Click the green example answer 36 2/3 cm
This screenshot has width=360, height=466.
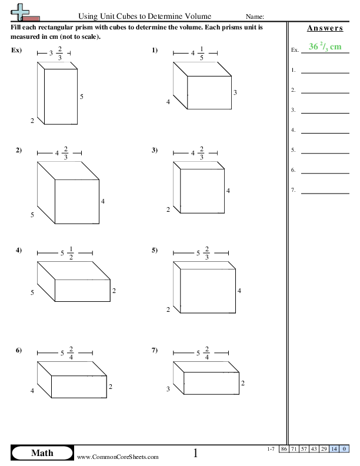coord(325,48)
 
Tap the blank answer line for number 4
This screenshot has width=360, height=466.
coord(325,132)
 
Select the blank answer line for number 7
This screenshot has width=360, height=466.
coord(325,192)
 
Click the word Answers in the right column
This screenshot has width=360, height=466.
coord(325,28)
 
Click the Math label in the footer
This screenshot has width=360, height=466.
coord(42,452)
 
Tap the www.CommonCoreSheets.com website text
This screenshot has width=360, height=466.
coord(118,457)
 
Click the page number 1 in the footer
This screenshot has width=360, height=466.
coord(196,453)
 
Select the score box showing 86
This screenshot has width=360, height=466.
coord(284,449)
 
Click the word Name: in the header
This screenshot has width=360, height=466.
coord(254,16)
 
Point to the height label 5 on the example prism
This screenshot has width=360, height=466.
coord(82,95)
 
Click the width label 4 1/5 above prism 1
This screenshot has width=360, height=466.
coord(196,54)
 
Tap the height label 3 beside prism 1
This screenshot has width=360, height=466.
coord(235,92)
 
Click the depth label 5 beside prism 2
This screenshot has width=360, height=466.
coord(32,215)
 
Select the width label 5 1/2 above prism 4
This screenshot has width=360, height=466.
coord(65,254)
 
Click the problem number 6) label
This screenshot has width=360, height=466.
coord(19,351)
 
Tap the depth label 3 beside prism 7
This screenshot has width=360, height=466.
coord(168,388)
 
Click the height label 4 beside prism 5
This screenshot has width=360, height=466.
coord(239,291)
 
